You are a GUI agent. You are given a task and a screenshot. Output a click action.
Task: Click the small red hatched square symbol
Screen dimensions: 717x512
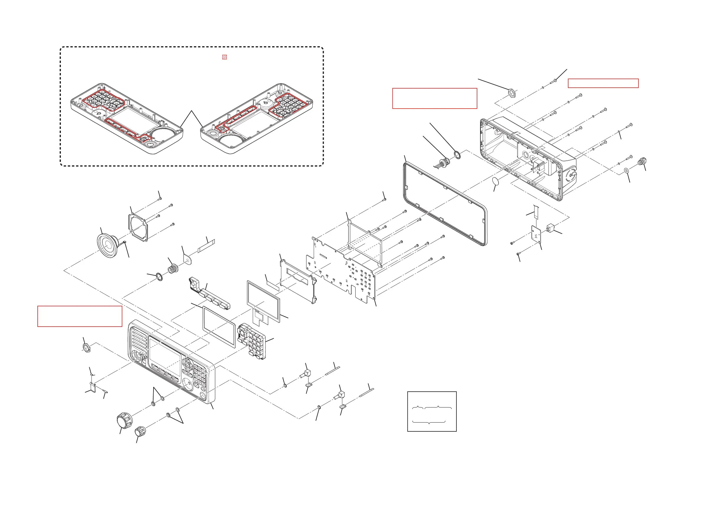pyautogui.click(x=224, y=57)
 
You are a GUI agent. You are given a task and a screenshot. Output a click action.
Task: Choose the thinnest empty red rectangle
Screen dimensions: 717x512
pyautogui.click(x=603, y=83)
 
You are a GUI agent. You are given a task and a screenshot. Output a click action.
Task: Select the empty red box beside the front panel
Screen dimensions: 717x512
pyautogui.click(x=80, y=316)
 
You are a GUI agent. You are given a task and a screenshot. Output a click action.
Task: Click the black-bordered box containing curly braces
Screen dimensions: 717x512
pyautogui.click(x=432, y=411)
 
